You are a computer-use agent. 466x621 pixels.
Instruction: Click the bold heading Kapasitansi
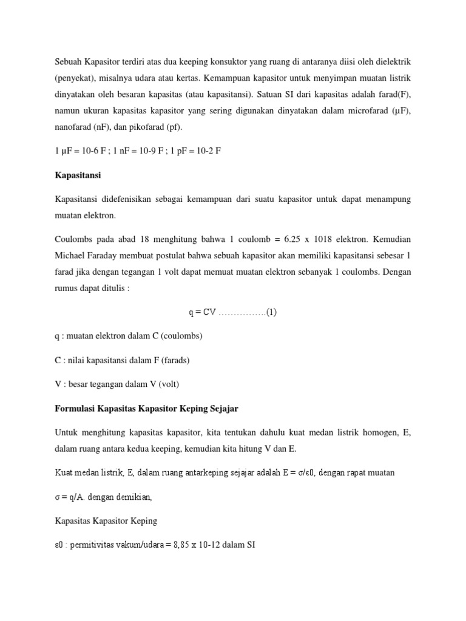click(78, 175)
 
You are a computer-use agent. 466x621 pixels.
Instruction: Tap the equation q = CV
click(202, 312)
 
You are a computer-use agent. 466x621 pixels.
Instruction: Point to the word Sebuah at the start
click(68, 62)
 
